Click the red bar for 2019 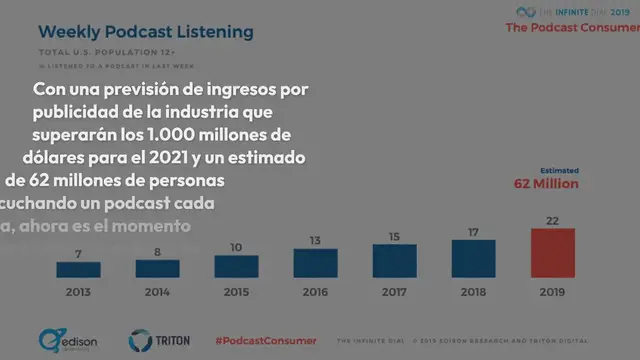(x=553, y=253)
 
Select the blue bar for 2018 (x=473, y=259)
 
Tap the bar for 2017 (x=394, y=261)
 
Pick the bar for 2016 (x=315, y=263)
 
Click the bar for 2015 (x=236, y=266)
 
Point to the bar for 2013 (x=78, y=270)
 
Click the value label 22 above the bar (x=553, y=220)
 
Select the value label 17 (x=473, y=232)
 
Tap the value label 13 (x=315, y=240)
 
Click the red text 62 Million (x=546, y=184)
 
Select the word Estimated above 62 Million (x=559, y=170)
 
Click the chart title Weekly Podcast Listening (x=145, y=33)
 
